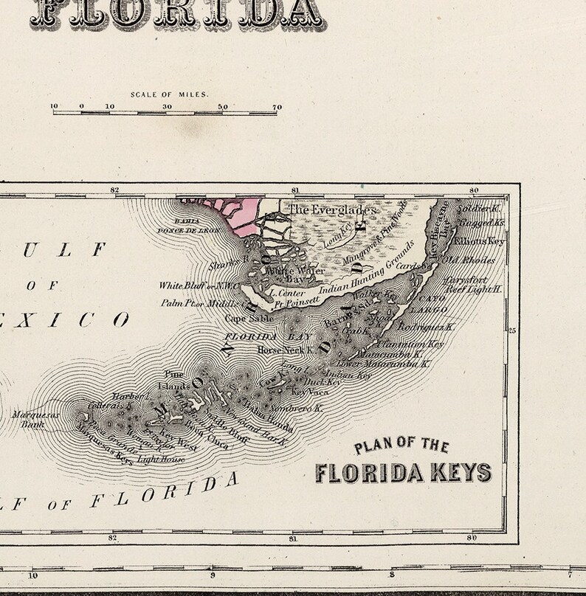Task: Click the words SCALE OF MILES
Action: [169, 94]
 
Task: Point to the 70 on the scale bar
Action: [277, 107]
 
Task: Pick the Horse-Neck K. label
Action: [281, 350]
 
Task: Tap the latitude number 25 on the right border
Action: [513, 330]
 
